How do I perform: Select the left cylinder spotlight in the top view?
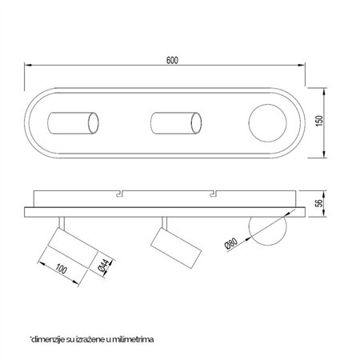73,123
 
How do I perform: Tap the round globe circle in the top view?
267,123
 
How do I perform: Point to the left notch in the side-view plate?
120,194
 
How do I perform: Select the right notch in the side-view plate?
213,194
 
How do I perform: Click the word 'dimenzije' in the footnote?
49,338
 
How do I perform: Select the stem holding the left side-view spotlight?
61,222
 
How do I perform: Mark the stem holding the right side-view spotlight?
164,222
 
